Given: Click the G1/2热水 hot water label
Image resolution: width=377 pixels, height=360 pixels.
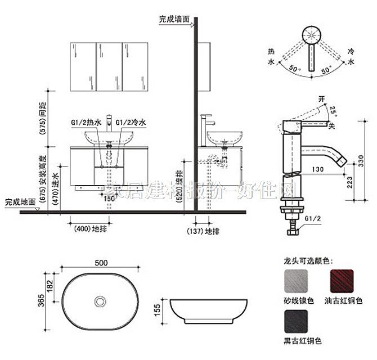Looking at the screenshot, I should tap(86, 122).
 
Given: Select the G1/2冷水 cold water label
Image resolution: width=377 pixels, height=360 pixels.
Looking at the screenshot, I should tap(131, 122).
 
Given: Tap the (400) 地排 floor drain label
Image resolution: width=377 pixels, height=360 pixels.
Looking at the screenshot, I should tap(88, 229).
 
